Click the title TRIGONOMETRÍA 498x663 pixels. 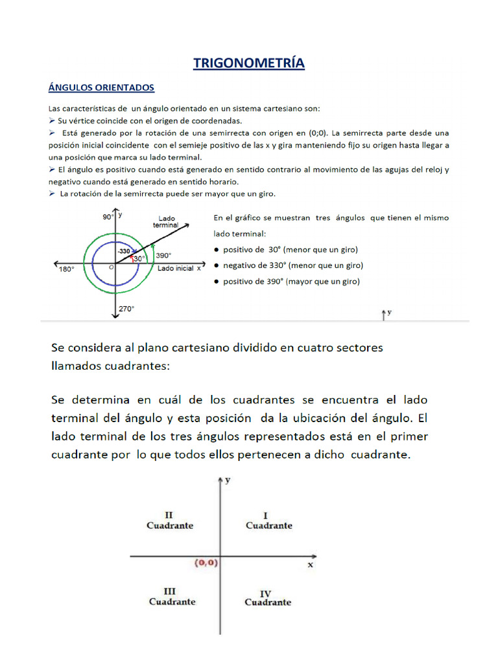click(x=249, y=63)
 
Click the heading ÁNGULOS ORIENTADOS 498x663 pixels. click(x=102, y=87)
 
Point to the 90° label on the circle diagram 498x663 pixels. click(x=108, y=218)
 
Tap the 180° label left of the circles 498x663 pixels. click(x=67, y=269)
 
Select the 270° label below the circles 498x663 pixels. click(x=126, y=309)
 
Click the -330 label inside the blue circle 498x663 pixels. click(x=124, y=251)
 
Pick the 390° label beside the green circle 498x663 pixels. click(x=164, y=256)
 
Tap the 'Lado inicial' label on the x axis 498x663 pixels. click(x=175, y=269)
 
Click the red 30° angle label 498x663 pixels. click(x=139, y=258)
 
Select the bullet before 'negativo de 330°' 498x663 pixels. click(x=215, y=265)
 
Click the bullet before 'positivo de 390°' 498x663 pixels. click(x=215, y=282)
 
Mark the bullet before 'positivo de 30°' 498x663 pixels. click(x=215, y=249)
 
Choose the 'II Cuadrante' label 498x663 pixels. click(x=170, y=521)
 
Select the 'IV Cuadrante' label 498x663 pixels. click(x=267, y=598)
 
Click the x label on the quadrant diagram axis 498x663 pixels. click(x=310, y=565)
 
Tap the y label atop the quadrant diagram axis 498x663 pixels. click(x=228, y=480)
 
